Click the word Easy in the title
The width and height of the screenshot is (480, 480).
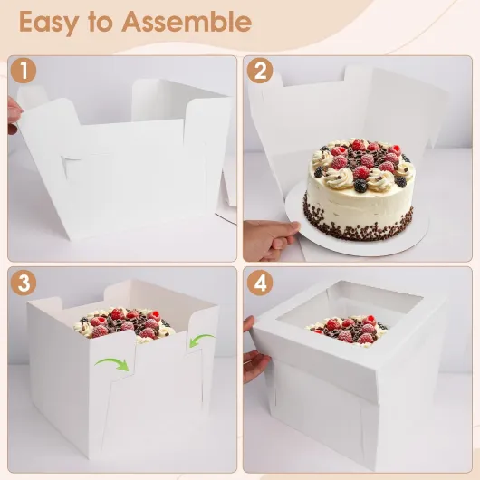click(49, 23)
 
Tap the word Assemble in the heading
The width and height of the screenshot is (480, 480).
click(187, 22)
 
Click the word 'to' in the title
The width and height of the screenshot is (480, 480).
click(101, 22)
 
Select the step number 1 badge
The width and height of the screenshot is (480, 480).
click(24, 71)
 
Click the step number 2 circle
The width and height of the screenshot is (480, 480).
click(260, 71)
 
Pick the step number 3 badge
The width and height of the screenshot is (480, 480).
click(24, 283)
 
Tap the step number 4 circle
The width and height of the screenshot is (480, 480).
click(260, 283)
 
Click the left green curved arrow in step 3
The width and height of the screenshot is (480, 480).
click(113, 363)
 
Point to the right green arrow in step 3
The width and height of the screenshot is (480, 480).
click(200, 339)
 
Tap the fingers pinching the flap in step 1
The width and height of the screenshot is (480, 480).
click(14, 115)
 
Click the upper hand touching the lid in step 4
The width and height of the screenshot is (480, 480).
click(248, 324)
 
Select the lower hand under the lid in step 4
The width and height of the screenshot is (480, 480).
click(254, 366)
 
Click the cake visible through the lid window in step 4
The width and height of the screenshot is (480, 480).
click(348, 331)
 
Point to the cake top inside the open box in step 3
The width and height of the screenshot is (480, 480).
click(122, 323)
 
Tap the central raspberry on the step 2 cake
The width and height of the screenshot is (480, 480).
click(361, 172)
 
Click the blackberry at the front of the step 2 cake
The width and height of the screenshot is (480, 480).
click(360, 186)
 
